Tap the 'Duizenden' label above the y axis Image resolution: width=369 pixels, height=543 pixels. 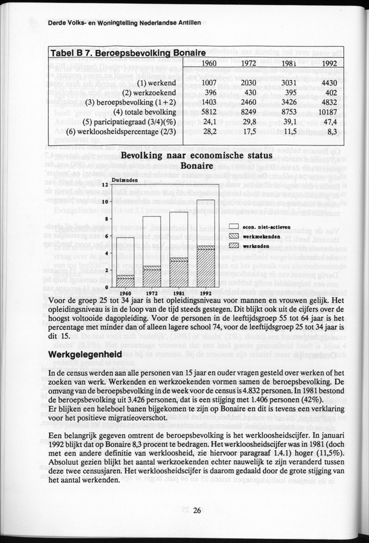point(124,181)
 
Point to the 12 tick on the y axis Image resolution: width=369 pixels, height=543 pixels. point(104,185)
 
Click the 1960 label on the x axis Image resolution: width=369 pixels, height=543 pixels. point(125,292)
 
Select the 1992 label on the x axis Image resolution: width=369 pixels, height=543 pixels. point(206,292)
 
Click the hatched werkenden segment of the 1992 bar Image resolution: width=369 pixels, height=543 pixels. point(206,268)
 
